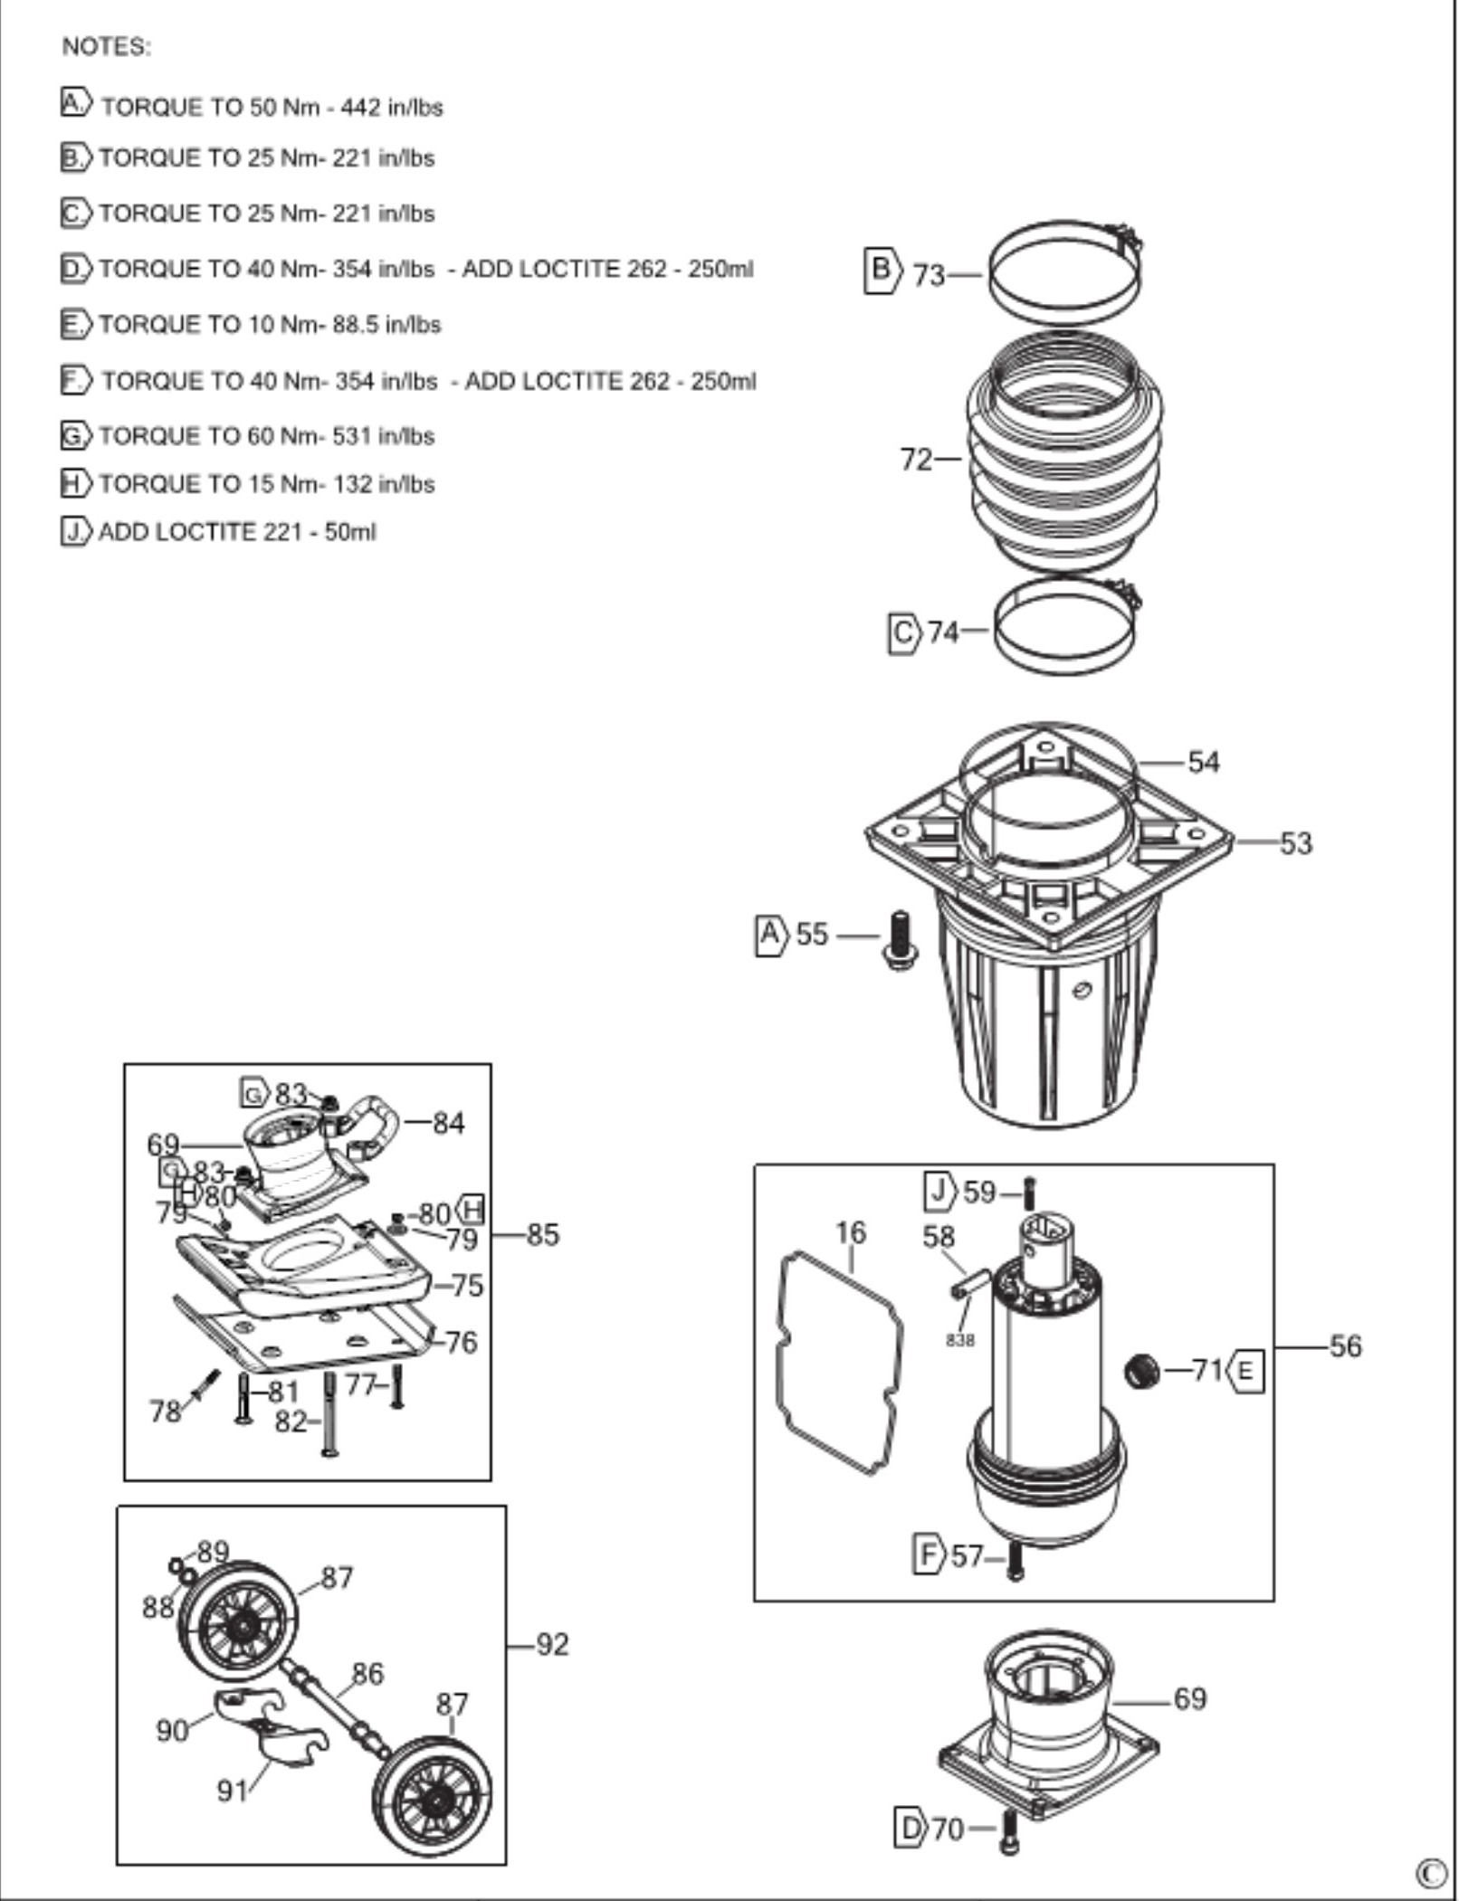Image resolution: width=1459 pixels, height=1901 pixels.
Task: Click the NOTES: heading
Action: click(x=106, y=47)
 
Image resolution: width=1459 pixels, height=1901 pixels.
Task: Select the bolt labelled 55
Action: click(x=901, y=940)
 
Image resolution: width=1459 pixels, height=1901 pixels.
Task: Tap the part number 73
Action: click(x=929, y=274)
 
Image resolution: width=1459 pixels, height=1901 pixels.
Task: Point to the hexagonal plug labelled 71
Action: click(x=1141, y=1371)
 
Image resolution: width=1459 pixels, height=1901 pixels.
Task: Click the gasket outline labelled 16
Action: click(x=838, y=1363)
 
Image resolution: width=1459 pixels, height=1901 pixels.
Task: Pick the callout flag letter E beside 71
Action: click(x=1246, y=1372)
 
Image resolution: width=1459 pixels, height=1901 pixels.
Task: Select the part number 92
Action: click(x=553, y=1644)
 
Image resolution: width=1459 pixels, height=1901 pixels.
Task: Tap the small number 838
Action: click(x=960, y=1340)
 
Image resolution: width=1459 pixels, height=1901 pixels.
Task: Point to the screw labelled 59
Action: click(x=1029, y=1193)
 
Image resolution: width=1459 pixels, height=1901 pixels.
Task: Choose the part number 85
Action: click(x=543, y=1234)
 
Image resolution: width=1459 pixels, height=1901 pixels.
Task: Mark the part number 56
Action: click(x=1345, y=1346)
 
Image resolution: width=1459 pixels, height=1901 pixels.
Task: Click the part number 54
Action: click(x=1204, y=762)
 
